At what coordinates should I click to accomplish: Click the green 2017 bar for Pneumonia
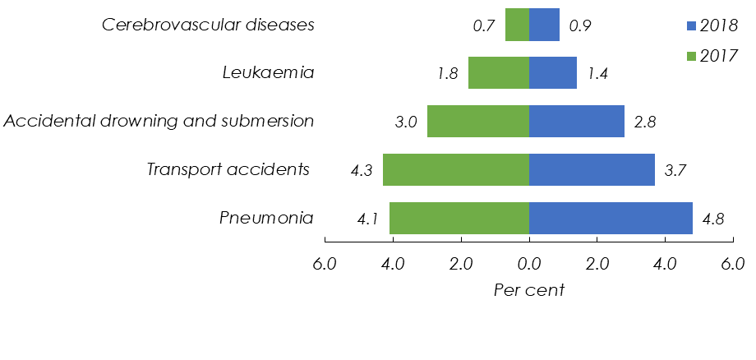tap(459, 219)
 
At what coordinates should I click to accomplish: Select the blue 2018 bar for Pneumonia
tap(611, 219)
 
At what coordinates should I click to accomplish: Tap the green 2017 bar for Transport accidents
tap(455, 170)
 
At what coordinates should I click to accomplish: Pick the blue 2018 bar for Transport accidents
tap(592, 170)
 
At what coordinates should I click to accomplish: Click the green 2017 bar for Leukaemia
tap(498, 72)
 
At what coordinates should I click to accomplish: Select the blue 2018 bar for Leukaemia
tap(552, 72)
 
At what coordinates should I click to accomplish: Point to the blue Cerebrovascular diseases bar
tap(544, 25)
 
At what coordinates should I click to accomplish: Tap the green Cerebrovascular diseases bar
tap(517, 25)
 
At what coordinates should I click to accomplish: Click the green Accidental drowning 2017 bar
tap(477, 121)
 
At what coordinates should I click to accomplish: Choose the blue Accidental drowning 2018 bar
tap(576, 121)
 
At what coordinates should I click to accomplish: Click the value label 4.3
tap(362, 171)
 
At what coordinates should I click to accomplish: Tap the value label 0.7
tap(483, 25)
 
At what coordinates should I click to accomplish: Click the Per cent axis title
tap(528, 290)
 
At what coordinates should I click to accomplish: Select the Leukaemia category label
tap(269, 72)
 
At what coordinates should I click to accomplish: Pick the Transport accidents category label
tap(228, 170)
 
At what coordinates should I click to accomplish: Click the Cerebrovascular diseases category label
tap(208, 25)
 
